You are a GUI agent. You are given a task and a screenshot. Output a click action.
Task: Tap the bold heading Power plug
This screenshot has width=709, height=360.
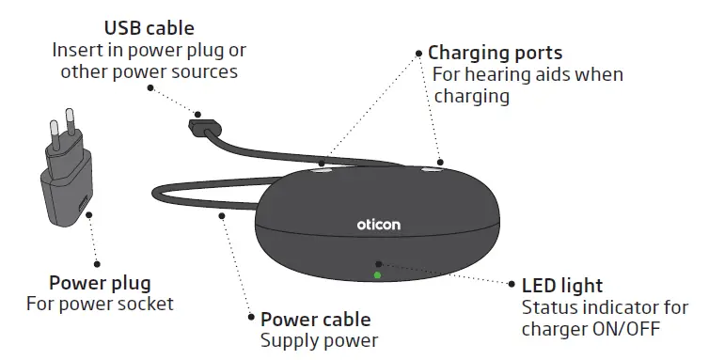(x=100, y=282)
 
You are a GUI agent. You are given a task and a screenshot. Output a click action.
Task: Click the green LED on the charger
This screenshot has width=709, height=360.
(x=377, y=275)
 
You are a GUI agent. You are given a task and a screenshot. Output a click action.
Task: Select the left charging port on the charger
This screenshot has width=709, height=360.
(x=322, y=170)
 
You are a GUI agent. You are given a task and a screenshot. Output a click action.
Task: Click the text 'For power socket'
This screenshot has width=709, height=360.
(x=100, y=304)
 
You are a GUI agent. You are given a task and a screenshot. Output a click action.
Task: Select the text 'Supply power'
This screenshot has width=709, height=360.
(x=319, y=340)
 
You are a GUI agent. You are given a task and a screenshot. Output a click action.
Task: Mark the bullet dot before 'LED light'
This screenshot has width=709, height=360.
(x=512, y=284)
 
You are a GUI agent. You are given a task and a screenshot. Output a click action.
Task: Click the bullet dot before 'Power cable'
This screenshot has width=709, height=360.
(x=250, y=320)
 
